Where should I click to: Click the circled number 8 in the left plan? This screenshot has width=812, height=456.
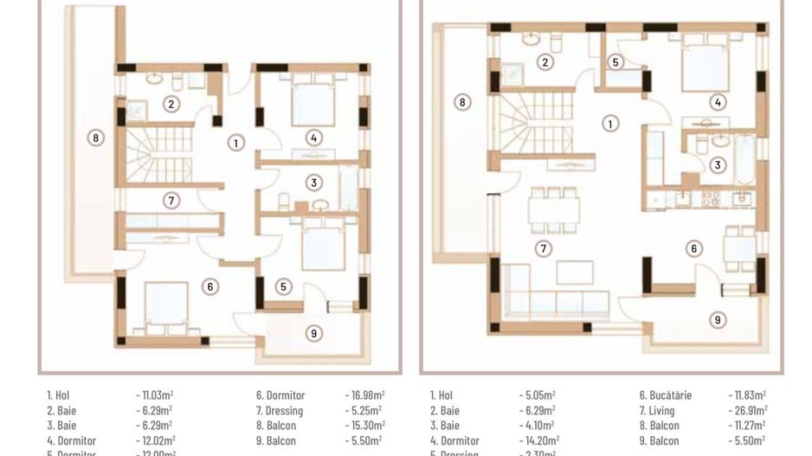point(96,137)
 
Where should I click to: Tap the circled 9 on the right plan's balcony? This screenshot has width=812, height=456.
point(718,320)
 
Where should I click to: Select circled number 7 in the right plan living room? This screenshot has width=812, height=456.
point(543,249)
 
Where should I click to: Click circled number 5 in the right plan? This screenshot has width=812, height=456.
point(615,62)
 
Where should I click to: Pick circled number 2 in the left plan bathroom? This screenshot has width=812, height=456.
point(171,104)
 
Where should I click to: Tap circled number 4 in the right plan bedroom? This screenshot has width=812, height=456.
point(718,102)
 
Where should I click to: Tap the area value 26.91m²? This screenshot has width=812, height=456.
point(747,410)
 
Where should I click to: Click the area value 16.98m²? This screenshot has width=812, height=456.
point(364,395)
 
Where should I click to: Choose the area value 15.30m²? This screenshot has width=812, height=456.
point(364,425)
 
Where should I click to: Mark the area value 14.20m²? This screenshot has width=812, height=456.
point(537,440)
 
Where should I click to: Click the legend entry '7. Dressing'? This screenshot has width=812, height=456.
point(279,410)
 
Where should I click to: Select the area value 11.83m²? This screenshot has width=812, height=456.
point(747,395)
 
